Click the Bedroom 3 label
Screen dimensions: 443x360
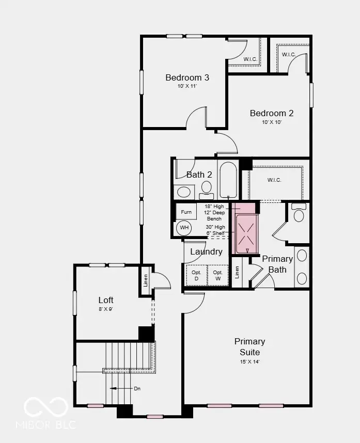tap(187, 78)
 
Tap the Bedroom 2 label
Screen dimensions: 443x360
tap(272, 114)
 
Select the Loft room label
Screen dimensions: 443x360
tap(106, 300)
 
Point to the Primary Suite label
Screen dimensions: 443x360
tap(250, 346)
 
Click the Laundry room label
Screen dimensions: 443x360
tap(206, 252)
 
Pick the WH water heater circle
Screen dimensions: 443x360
tap(184, 227)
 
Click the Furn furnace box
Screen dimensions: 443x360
tap(186, 212)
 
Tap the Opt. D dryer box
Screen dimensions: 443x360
tap(196, 275)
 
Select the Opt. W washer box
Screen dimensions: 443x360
tap(217, 275)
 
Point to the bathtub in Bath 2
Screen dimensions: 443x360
tap(228, 180)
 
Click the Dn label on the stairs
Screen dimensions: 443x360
tap(137, 388)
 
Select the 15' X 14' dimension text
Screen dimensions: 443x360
tap(250, 362)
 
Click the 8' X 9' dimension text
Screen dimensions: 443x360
tap(106, 310)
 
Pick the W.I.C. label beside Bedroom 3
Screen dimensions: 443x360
tap(251, 59)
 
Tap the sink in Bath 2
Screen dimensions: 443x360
tap(184, 193)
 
